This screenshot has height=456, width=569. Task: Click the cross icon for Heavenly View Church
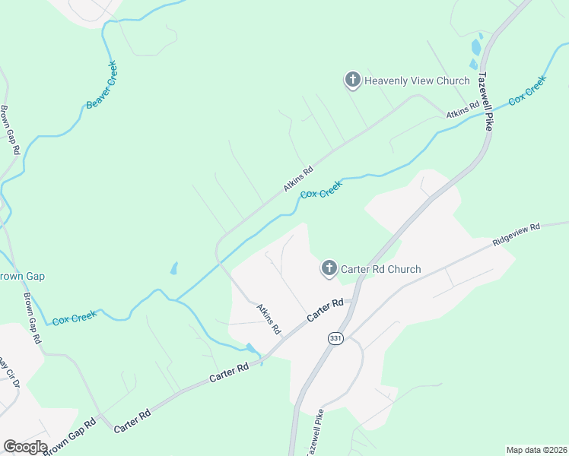coord(352,80)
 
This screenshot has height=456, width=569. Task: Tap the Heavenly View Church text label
coord(417,81)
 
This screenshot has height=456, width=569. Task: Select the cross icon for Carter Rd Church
coord(329,268)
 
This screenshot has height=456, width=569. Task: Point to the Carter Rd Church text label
coord(380,269)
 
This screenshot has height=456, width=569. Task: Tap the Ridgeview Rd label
coord(516,233)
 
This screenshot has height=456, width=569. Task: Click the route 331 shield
coord(335,337)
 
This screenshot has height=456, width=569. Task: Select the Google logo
coord(25,447)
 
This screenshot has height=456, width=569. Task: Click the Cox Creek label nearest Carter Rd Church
coord(321,190)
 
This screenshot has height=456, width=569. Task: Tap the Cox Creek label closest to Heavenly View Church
coord(527,90)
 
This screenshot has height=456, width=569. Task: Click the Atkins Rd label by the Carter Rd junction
coord(269,319)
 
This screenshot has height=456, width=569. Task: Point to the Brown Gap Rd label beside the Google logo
coord(70,437)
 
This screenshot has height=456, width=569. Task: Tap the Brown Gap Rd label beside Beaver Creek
coord(9,130)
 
